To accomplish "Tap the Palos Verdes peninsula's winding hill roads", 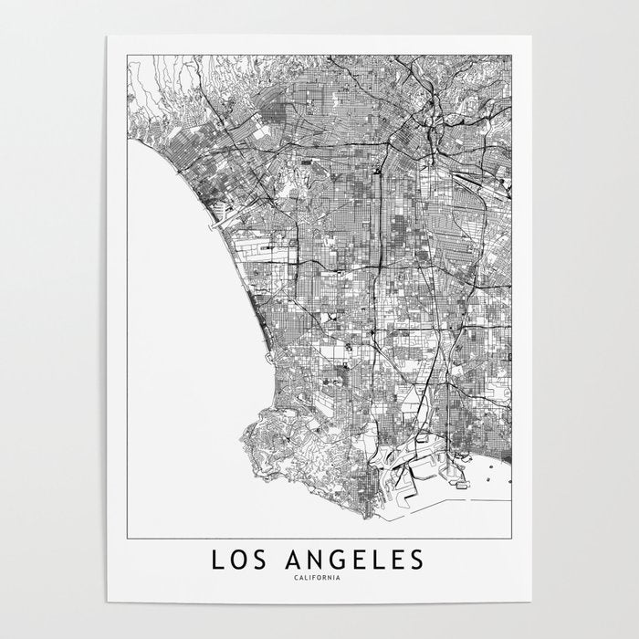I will coord(292,438).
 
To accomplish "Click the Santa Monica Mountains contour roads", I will coord(173,82).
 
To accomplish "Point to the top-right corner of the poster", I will coord(531,37).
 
